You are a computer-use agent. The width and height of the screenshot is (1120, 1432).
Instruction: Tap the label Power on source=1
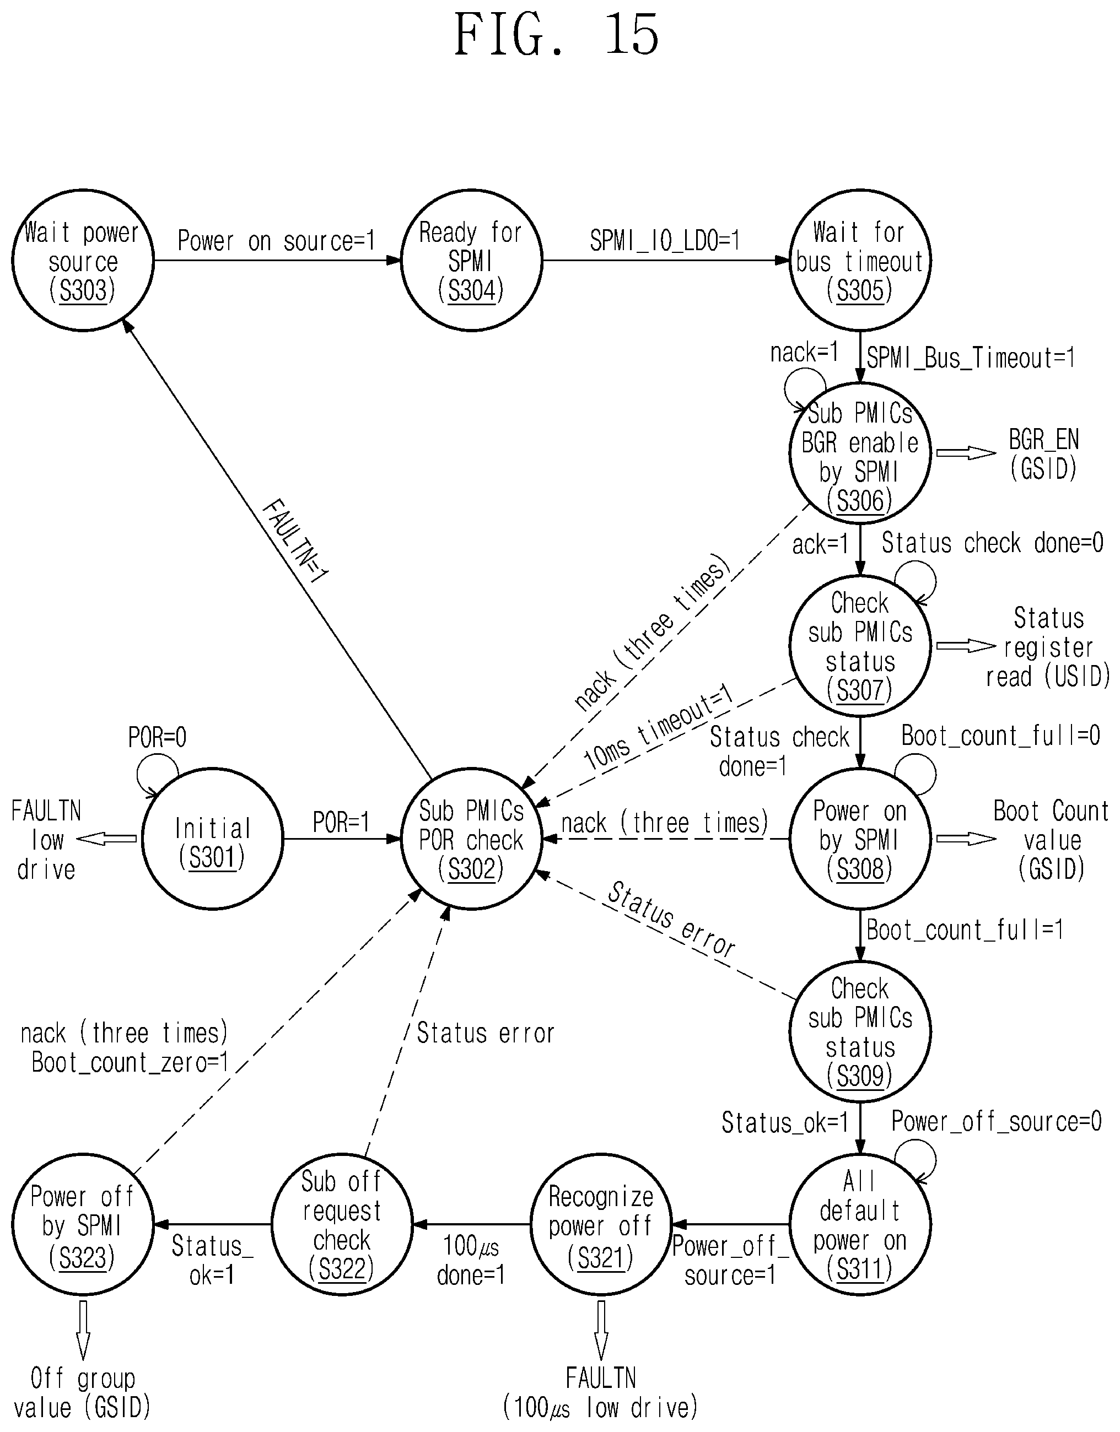(276, 241)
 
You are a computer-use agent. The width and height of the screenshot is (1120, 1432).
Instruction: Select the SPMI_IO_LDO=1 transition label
(665, 241)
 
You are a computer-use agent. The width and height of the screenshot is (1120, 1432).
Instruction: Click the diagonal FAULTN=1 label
(294, 541)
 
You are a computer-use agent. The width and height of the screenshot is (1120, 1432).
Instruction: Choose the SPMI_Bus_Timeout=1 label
(971, 358)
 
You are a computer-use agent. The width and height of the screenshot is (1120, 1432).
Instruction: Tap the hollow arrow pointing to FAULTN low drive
(106, 839)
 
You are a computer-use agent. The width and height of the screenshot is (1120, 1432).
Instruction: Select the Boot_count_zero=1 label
(131, 1063)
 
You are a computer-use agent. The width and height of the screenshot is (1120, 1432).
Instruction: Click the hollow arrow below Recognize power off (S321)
(601, 1331)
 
